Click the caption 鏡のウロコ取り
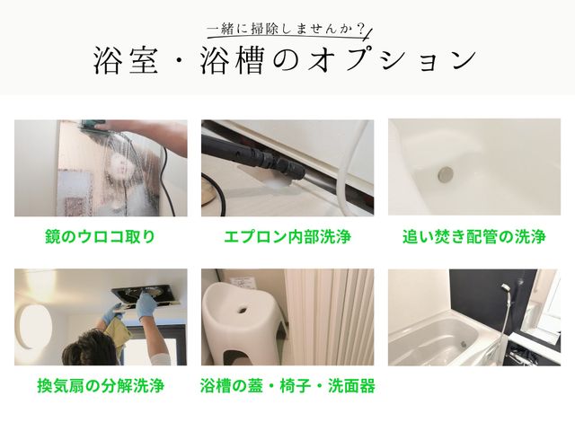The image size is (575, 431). (x=100, y=236)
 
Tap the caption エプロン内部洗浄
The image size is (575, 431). (x=287, y=236)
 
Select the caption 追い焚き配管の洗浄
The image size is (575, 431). (x=474, y=236)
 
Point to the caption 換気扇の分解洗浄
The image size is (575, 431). (x=101, y=385)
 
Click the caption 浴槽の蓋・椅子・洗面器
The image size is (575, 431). (x=287, y=385)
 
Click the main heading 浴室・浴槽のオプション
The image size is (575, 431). (x=285, y=60)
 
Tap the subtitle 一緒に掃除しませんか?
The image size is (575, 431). (x=286, y=29)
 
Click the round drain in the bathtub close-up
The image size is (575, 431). (x=446, y=174)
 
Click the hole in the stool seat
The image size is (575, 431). (x=243, y=309)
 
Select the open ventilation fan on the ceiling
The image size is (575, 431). (x=146, y=295)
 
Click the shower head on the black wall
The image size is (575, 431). (x=505, y=287)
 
